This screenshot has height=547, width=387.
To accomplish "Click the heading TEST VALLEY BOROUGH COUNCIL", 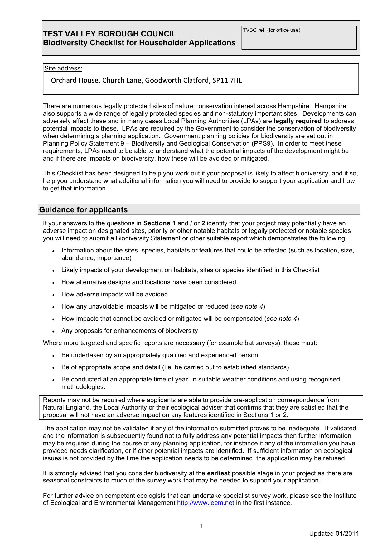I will (x=109, y=34).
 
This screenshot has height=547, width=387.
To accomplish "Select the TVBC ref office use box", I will (x=299, y=38).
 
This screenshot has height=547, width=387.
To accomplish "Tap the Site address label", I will (x=63, y=69).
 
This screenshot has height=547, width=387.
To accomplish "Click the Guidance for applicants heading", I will (x=83, y=210).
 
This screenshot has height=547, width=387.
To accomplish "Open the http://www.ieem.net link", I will (x=206, y=503).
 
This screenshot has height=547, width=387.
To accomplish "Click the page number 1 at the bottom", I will (x=201, y=526).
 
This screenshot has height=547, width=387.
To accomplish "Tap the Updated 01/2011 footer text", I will (x=334, y=534).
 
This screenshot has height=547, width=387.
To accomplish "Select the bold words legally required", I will (x=298, y=121).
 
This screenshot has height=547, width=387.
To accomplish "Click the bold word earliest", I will (x=218, y=473).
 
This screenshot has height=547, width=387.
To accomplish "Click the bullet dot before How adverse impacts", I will (x=54, y=295).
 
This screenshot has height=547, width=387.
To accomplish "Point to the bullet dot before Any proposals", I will (x=54, y=331).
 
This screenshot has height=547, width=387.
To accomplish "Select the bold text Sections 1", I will (x=159, y=223).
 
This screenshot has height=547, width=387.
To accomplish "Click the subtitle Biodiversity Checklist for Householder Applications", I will (x=139, y=43).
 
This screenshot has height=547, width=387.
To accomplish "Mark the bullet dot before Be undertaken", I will (x=54, y=356).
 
